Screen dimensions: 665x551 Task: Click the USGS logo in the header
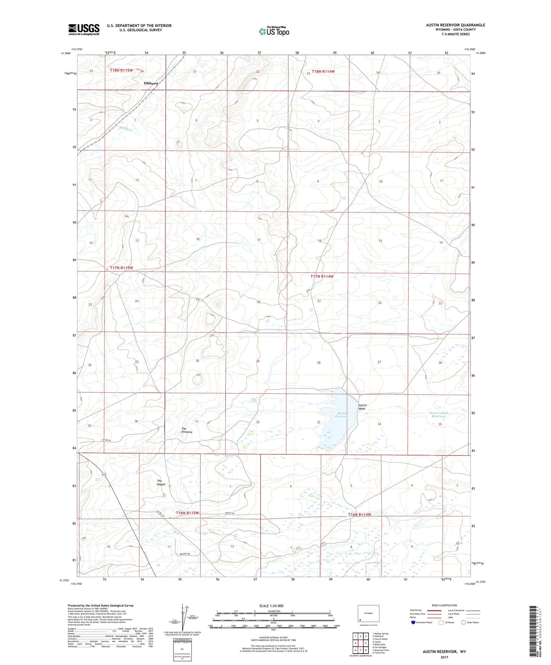click(84, 29)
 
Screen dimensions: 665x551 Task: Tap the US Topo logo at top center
click(273, 31)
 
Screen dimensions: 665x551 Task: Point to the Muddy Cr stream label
click(126, 129)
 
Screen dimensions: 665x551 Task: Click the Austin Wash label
click(362, 407)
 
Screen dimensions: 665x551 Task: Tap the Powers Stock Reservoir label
click(439, 414)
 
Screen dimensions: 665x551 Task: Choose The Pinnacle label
click(187, 430)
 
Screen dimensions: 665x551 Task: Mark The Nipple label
click(161, 483)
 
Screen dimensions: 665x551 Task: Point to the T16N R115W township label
click(188, 513)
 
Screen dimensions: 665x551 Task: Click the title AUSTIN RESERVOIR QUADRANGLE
click(456, 25)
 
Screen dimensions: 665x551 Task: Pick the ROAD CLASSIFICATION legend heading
click(444, 605)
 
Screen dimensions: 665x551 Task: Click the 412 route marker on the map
click(104, 474)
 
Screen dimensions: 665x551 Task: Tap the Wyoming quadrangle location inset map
click(368, 614)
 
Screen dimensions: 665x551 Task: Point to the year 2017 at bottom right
click(444, 657)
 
